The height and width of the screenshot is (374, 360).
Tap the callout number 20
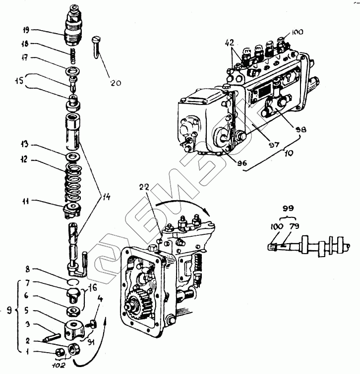[116, 83]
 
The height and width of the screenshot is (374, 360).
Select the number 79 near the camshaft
[295, 226]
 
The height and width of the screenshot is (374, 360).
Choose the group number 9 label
[8, 311]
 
